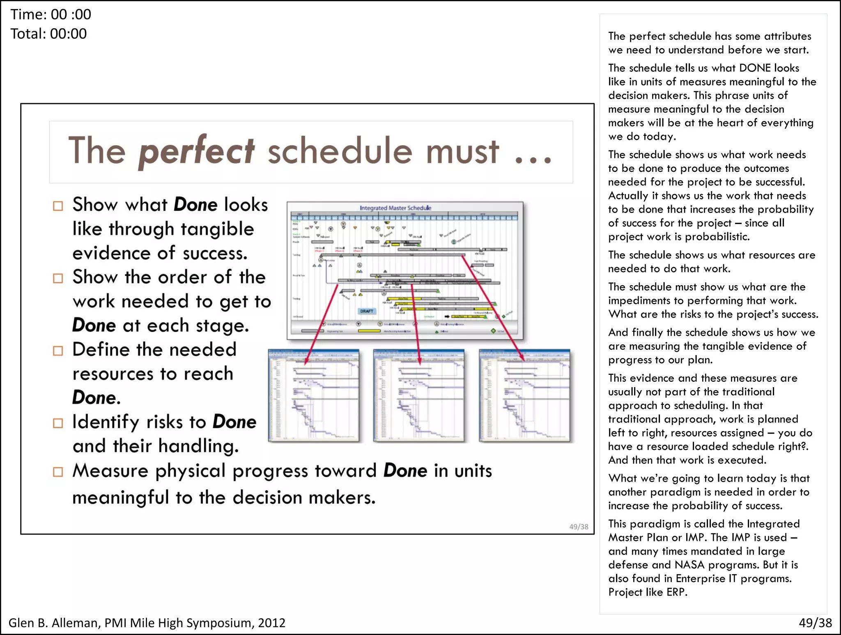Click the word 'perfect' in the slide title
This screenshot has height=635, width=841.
pos(196,152)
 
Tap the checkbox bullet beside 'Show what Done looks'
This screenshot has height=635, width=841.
pos(58,206)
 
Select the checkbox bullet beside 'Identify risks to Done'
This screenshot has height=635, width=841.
pos(58,423)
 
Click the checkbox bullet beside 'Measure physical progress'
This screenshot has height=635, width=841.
pos(58,472)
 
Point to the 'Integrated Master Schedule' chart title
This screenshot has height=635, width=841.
pos(395,208)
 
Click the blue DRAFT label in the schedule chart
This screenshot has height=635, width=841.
pos(367,311)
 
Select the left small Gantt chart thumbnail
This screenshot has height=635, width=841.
pos(314,395)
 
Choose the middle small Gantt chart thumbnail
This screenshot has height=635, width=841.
pos(419,395)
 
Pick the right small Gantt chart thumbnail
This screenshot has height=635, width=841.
pos(524,395)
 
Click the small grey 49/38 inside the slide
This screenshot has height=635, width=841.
pos(579,526)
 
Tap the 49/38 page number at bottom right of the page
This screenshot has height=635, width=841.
pos(815,623)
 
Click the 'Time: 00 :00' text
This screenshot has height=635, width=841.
pos(51,14)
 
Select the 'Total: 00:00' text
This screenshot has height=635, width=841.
pos(48,34)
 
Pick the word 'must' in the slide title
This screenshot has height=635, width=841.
pos(462,152)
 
